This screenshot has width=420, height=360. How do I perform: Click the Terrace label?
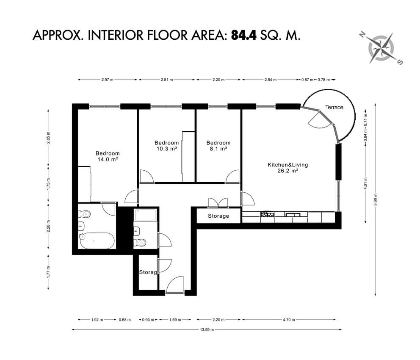tap(334, 108)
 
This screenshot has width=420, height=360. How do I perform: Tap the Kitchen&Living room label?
tap(287, 165)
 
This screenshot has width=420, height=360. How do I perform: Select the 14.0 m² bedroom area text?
tap(108, 159)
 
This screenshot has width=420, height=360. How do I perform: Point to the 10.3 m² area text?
tap(167, 149)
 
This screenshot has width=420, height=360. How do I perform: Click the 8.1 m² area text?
tap(218, 149)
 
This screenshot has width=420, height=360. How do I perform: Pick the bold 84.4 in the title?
tap(244, 35)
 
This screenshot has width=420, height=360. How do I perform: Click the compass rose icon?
tap(381, 48)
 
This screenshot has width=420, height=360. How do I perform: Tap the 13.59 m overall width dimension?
tap(207, 330)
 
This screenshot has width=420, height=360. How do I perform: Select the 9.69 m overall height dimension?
tap(375, 199)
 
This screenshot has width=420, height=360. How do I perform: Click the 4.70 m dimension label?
tap(289, 320)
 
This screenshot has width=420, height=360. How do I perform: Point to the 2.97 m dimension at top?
tap(107, 80)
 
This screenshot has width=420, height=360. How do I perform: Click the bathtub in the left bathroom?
tap(97, 241)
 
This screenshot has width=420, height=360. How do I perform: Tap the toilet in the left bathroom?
tap(84, 214)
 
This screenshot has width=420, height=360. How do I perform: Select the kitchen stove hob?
tap(267, 214)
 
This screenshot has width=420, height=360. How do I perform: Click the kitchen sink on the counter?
tap(293, 215)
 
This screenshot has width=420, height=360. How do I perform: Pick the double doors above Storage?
tap(218, 203)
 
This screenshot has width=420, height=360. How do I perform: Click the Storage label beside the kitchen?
tap(218, 216)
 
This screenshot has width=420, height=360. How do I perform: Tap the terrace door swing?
tap(319, 120)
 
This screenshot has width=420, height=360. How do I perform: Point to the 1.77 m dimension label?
tap(48, 271)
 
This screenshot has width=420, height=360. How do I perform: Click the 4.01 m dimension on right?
tap(365, 183)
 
